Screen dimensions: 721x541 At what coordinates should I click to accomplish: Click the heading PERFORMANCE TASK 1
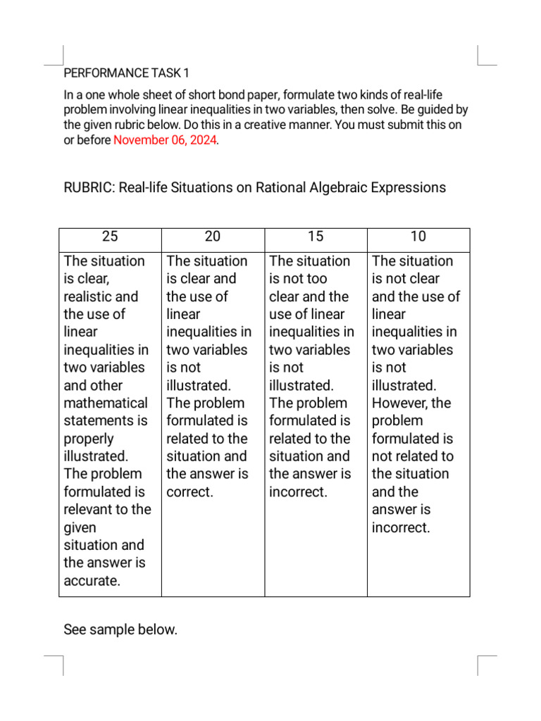127,73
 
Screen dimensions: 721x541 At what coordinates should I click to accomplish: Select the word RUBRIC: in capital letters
89,187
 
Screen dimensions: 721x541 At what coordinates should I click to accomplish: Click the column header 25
110,237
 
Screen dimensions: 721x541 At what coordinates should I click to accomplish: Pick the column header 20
213,237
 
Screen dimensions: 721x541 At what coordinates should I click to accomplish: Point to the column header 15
316,237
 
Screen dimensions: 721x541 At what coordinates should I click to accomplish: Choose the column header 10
418,237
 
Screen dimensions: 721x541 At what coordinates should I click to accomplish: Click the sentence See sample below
120,629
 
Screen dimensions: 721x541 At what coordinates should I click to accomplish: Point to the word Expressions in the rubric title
409,187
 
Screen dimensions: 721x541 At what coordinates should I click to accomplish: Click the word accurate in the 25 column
90,581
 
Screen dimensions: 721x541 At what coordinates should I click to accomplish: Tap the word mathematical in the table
106,403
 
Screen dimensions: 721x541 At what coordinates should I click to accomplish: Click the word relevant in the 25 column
92,510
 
